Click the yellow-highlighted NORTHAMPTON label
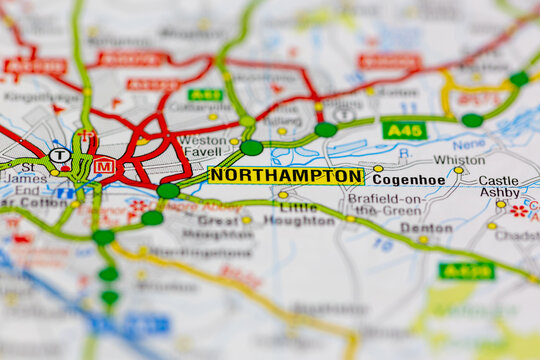[x=286, y=176]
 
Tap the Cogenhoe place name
[x=408, y=180]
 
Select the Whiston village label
[x=459, y=160]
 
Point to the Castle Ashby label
[x=499, y=187]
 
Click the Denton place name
[x=426, y=227]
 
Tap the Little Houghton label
[x=298, y=214]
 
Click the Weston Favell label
[x=203, y=147]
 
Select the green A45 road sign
[x=404, y=130]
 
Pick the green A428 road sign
[x=466, y=270]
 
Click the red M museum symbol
[x=104, y=166]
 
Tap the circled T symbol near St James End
[x=59, y=156]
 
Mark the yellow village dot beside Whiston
[x=458, y=171]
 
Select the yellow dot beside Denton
[x=423, y=239]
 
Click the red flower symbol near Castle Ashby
[x=518, y=211]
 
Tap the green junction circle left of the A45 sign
[x=325, y=129]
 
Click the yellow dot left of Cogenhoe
[x=377, y=169]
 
